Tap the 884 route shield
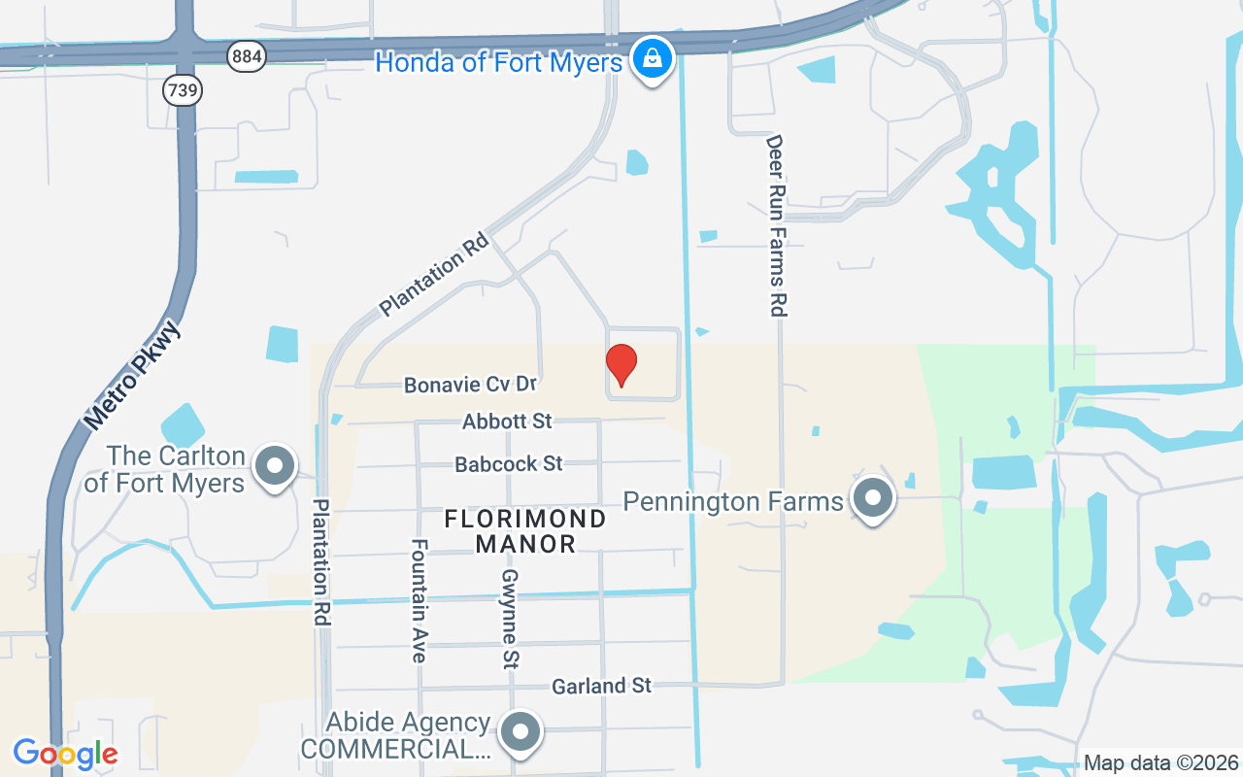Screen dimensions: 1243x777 click(x=247, y=56)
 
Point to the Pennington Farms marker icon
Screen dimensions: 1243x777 click(x=872, y=498)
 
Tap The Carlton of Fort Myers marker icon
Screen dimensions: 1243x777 click(x=275, y=466)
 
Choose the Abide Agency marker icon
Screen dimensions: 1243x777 click(x=521, y=729)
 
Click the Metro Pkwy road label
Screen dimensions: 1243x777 click(x=134, y=376)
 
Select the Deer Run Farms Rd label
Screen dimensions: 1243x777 click(x=775, y=225)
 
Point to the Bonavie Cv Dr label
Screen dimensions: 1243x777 click(x=470, y=385)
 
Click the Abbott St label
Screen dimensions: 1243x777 click(x=507, y=422)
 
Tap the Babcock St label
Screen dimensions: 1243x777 click(x=509, y=464)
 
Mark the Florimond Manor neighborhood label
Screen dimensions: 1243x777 click(x=525, y=531)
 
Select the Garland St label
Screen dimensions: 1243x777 click(x=601, y=686)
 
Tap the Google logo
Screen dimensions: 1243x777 click(x=65, y=754)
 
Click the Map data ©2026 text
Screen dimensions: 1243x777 click(x=1161, y=763)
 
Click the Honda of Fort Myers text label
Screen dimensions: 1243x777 click(x=498, y=63)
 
